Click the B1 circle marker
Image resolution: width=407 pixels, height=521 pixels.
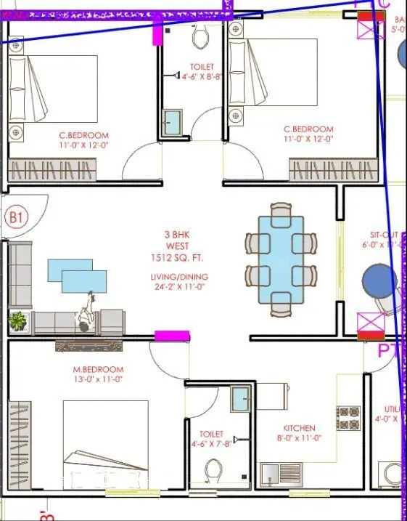coord(16,217)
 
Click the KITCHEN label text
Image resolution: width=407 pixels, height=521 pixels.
coord(299,428)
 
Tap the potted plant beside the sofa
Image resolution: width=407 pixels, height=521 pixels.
coord(17,320)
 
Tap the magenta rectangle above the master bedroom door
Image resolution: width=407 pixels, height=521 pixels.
coord(173,336)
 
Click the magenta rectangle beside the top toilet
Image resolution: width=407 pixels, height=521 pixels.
coord(157,34)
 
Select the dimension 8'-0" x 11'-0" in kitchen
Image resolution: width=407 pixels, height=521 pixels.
coord(298,438)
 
